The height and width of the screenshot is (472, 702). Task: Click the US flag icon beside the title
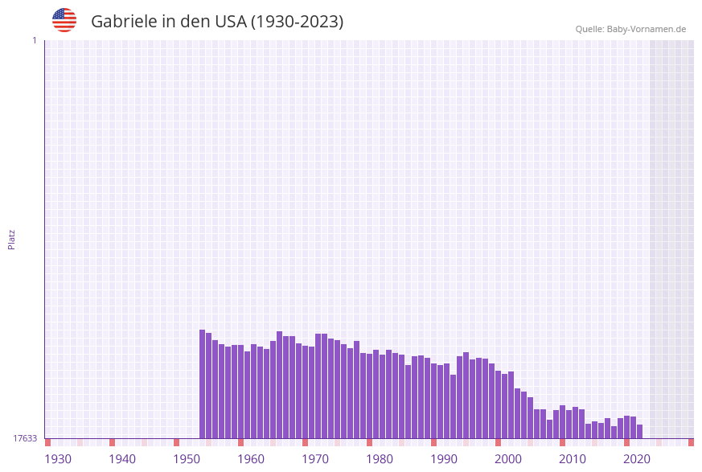pyautogui.click(x=64, y=20)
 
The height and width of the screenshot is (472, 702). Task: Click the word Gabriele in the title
pyautogui.click(x=124, y=22)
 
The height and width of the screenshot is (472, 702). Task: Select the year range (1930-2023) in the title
pyautogui.click(x=297, y=22)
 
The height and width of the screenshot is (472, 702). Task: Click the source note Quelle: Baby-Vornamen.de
pyautogui.click(x=630, y=29)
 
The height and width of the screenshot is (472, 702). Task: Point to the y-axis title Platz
pyautogui.click(x=12, y=239)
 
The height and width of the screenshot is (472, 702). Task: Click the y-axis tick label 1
pyautogui.click(x=34, y=40)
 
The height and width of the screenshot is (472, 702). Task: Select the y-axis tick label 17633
pyautogui.click(x=25, y=438)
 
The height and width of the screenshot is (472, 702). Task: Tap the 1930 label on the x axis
pyautogui.click(x=58, y=459)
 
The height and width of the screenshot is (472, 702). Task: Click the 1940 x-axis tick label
pyautogui.click(x=122, y=459)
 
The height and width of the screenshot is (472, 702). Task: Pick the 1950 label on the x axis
pyautogui.click(x=187, y=459)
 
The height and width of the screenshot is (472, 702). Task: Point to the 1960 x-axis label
pyautogui.click(x=251, y=459)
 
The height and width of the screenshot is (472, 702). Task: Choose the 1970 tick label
pyautogui.click(x=315, y=459)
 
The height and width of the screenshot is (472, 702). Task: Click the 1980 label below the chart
pyautogui.click(x=380, y=459)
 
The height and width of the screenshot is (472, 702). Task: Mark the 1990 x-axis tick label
pyautogui.click(x=444, y=459)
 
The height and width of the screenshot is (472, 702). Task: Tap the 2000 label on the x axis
pyautogui.click(x=508, y=459)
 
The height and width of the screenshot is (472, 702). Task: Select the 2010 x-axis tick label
pyautogui.click(x=573, y=459)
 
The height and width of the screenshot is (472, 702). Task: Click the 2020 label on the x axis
pyautogui.click(x=637, y=459)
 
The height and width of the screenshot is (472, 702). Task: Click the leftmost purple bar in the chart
pyautogui.click(x=203, y=384)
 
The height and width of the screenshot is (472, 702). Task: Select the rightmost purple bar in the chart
pyautogui.click(x=640, y=432)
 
